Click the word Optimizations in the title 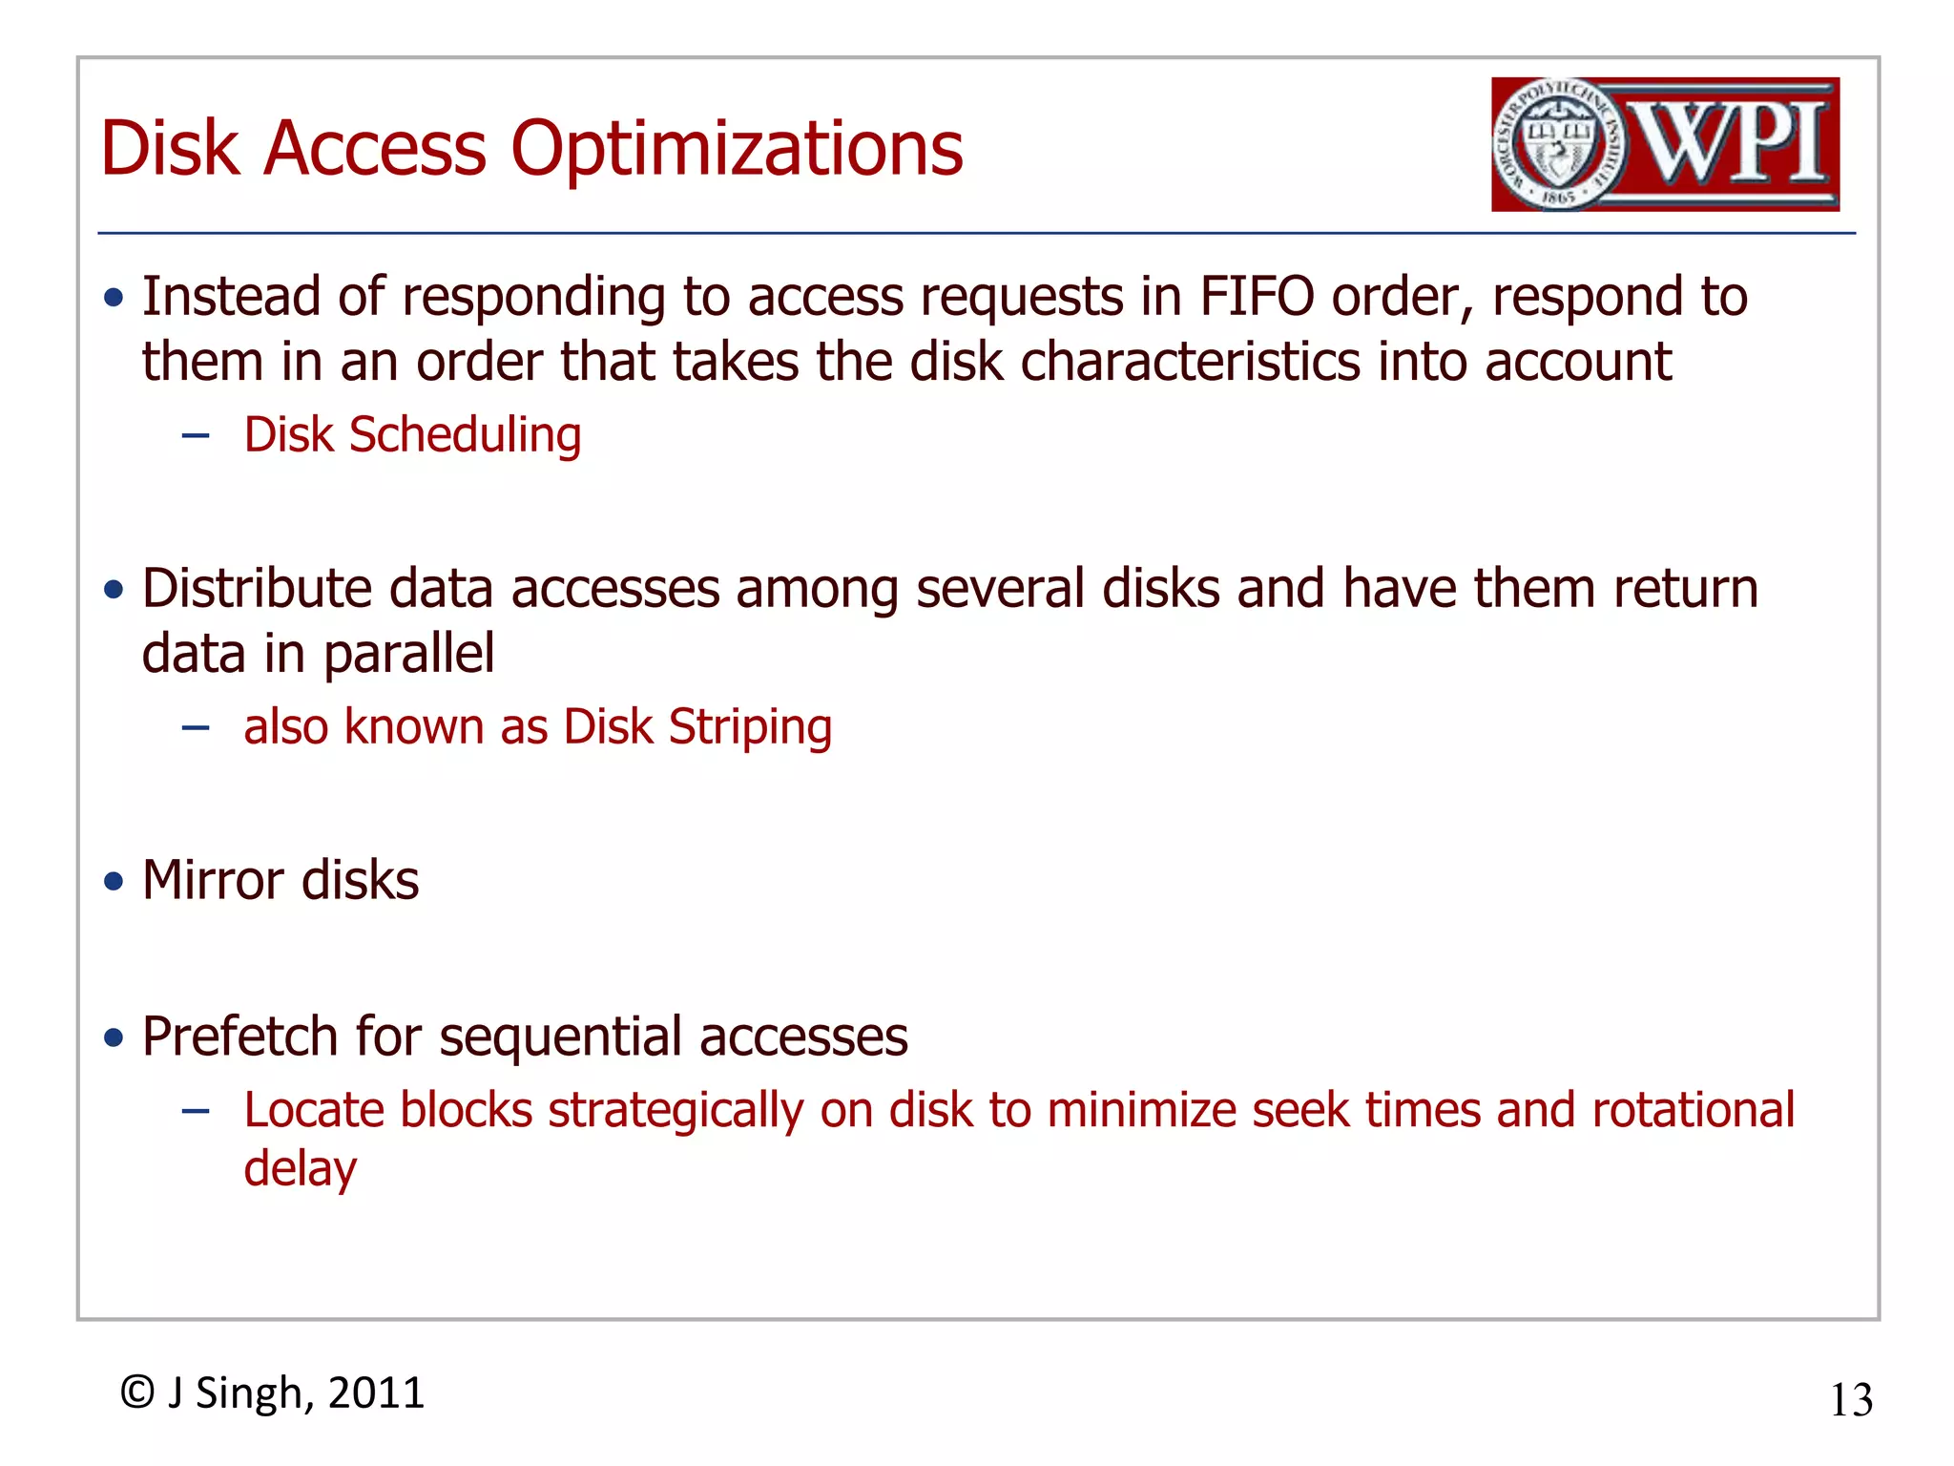(737, 151)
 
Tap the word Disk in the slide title (169, 149)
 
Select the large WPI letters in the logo (1732, 143)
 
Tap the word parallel (408, 654)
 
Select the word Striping (750, 727)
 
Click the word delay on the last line (300, 1169)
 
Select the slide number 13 (1851, 1400)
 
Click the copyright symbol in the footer (137, 1393)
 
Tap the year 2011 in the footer (376, 1393)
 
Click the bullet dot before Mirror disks (114, 880)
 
